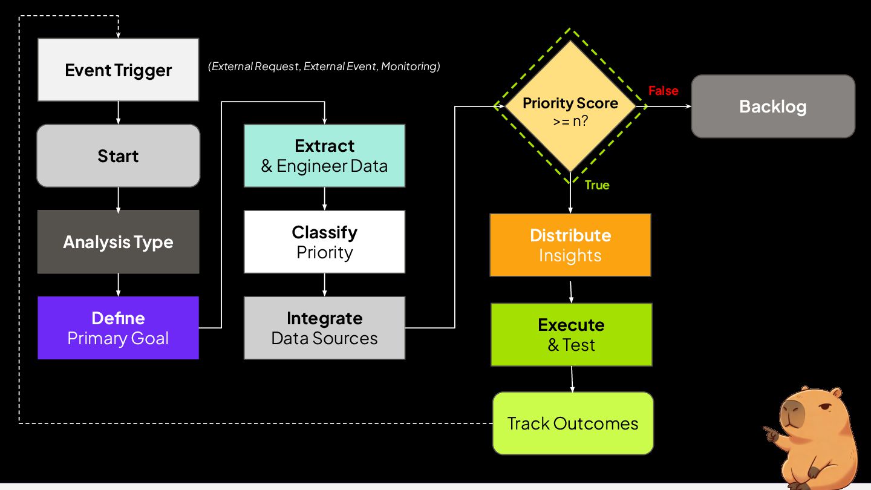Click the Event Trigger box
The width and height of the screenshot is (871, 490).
(x=118, y=70)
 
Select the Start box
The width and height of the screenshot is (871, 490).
(x=118, y=155)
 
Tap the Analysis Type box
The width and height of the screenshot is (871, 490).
(x=118, y=241)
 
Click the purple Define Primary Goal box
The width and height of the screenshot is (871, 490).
(x=118, y=328)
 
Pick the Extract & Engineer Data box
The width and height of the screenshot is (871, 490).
(x=324, y=155)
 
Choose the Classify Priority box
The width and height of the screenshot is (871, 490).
(x=324, y=241)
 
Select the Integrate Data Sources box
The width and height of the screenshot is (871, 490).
(x=324, y=328)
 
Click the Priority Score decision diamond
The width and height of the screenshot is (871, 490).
(x=570, y=106)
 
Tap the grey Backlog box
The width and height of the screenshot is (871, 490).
(x=773, y=106)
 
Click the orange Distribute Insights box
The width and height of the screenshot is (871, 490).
(x=570, y=245)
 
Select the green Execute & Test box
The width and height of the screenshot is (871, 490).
(x=571, y=335)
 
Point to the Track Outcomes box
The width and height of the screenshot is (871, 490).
(x=573, y=423)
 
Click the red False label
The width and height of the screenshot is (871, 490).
(x=664, y=91)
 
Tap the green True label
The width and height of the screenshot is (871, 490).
(x=597, y=185)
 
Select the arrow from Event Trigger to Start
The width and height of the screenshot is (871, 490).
(x=118, y=113)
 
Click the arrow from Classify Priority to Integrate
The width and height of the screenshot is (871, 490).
(x=324, y=285)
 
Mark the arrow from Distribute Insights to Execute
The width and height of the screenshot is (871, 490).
(x=571, y=292)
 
